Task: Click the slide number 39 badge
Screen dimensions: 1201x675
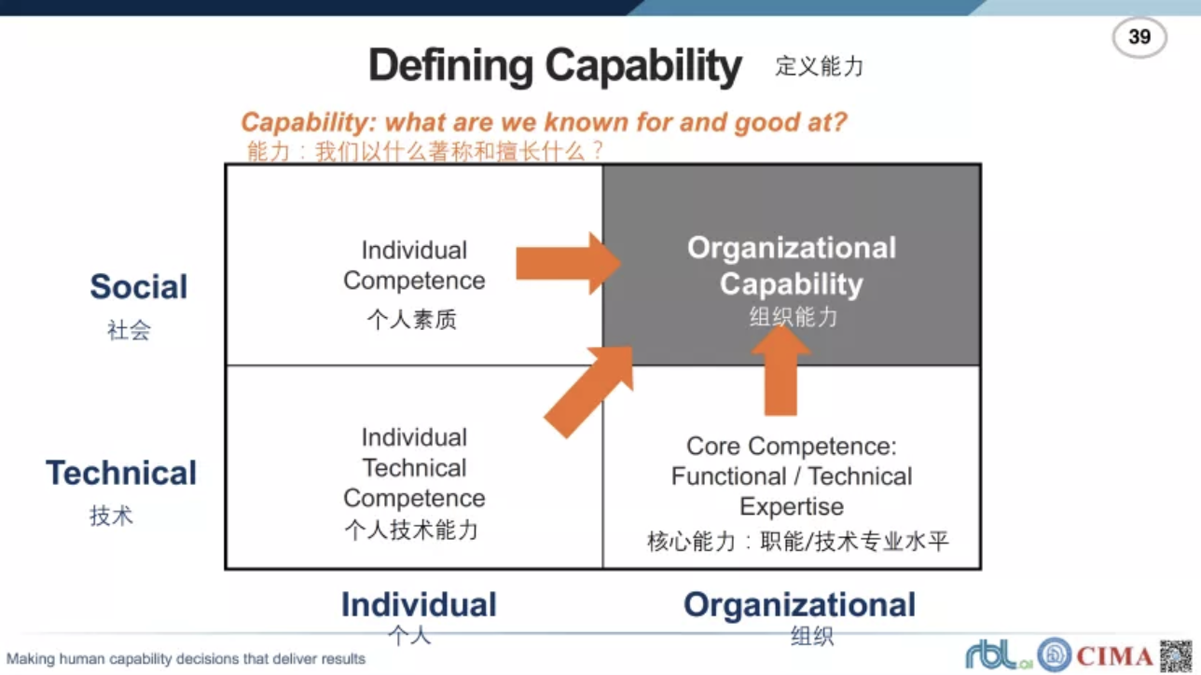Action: [1139, 37]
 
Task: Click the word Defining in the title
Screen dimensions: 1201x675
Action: [451, 66]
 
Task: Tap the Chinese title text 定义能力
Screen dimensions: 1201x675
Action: [820, 66]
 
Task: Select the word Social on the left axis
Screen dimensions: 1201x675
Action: [139, 286]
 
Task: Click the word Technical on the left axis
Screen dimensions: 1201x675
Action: [121, 473]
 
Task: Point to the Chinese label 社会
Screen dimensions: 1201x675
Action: [129, 330]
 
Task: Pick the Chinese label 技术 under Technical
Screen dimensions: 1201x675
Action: [111, 516]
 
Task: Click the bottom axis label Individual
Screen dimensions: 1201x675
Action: [419, 604]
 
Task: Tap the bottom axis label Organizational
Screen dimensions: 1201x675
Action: [799, 604]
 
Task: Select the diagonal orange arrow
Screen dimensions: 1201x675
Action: [589, 392]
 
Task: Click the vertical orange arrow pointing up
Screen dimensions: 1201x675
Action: [780, 371]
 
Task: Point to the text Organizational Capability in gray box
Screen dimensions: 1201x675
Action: [792, 266]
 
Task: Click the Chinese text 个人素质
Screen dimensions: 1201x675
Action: [412, 320]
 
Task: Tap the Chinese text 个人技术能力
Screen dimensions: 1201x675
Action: [411, 530]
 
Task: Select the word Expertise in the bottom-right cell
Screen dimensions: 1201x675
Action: [792, 506]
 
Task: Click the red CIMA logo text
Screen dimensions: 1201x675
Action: [1114, 655]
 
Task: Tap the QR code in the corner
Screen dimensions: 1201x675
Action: [1177, 655]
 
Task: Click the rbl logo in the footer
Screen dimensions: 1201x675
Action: [999, 654]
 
